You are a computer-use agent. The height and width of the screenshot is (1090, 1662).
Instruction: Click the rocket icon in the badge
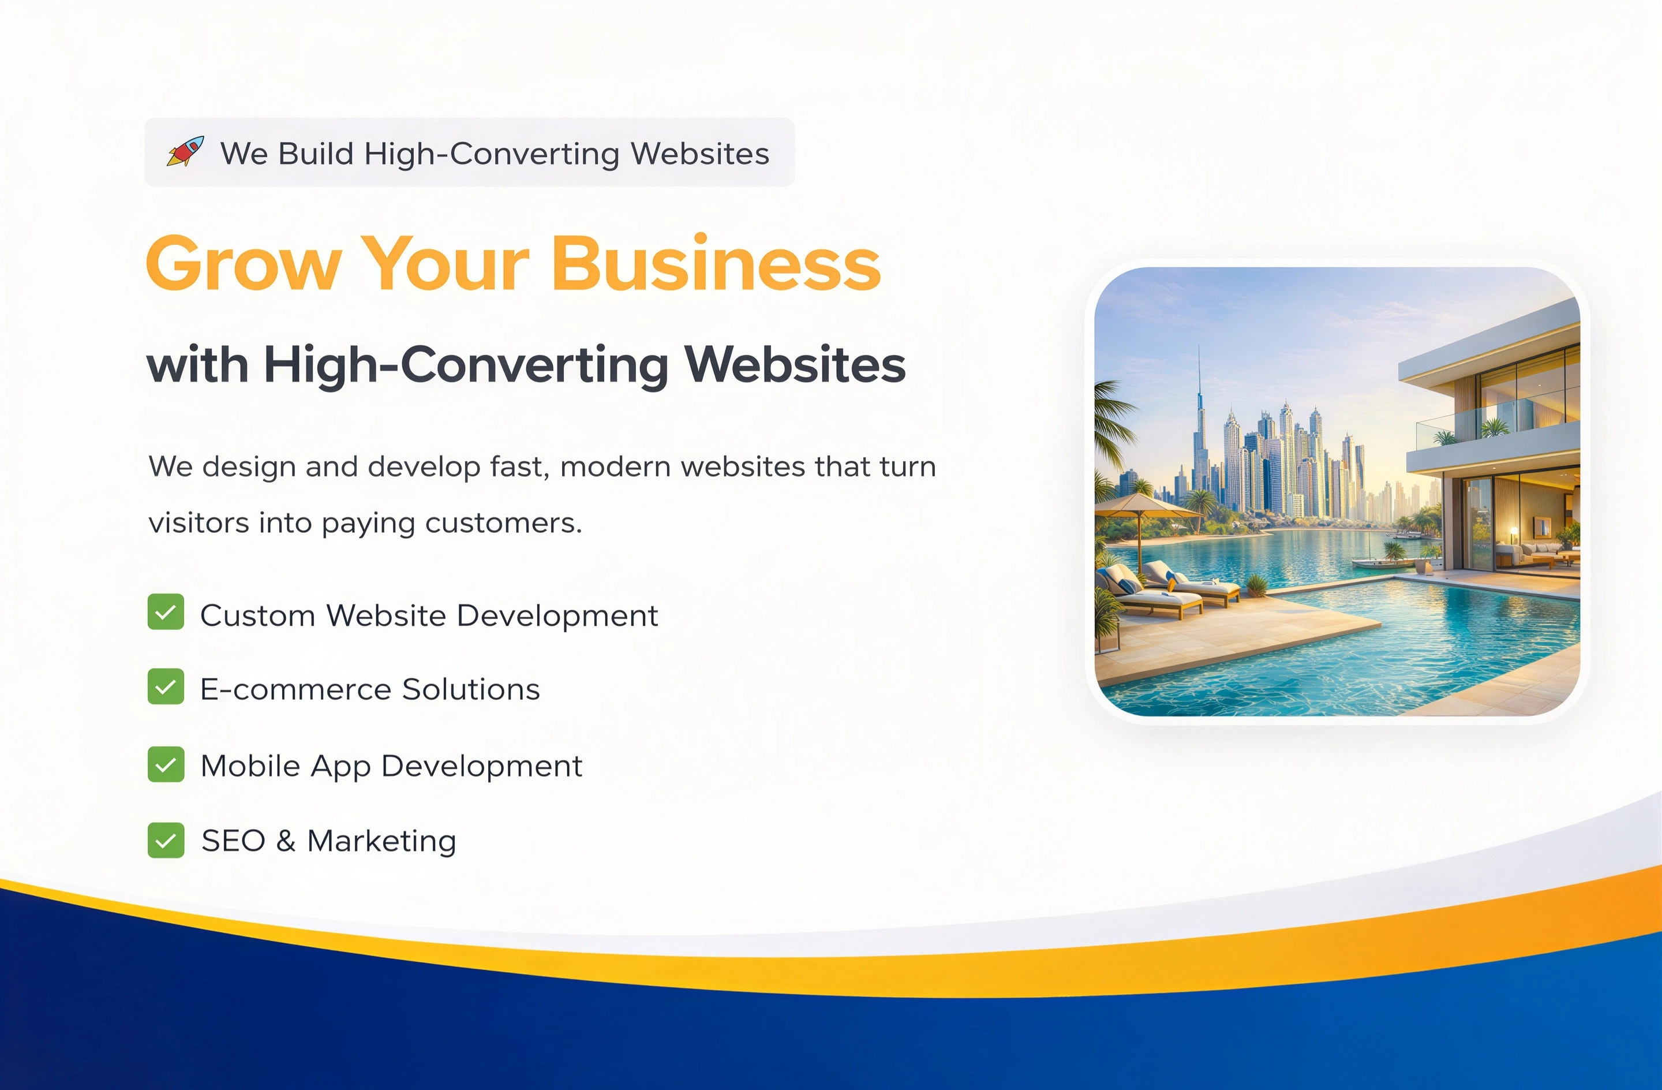[186, 152]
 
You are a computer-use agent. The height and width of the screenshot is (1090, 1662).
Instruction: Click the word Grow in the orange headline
[244, 264]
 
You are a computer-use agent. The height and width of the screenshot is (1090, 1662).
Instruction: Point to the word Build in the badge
[316, 153]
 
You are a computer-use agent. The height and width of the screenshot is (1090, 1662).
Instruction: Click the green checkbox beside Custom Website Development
[166, 612]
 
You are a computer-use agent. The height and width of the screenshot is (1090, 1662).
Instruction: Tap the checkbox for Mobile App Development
[166, 764]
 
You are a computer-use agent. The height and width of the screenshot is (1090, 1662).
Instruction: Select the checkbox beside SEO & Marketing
[166, 839]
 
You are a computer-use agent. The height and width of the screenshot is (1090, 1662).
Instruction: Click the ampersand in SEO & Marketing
[286, 841]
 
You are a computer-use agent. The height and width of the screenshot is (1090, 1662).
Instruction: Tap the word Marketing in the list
[381, 841]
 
